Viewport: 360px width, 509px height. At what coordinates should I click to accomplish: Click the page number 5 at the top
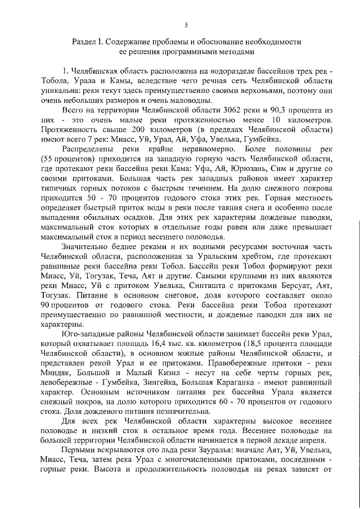coord(186,24)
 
